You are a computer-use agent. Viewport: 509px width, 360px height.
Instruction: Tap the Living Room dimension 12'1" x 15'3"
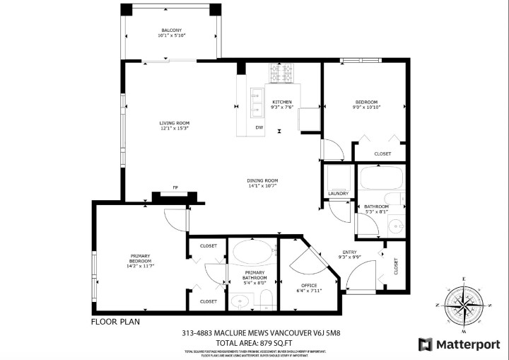(173, 128)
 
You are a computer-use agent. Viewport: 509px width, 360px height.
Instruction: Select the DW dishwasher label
(259, 127)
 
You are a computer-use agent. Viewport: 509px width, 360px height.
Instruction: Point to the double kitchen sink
(255, 103)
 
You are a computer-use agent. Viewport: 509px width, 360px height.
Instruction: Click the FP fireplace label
(175, 187)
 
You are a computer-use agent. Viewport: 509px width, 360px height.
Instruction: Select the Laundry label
(338, 193)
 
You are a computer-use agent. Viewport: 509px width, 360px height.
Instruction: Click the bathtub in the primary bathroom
(253, 251)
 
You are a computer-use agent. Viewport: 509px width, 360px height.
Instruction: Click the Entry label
(349, 252)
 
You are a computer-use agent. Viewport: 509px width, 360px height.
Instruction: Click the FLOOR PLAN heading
(115, 321)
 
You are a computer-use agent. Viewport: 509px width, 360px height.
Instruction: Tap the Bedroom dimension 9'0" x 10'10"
(366, 108)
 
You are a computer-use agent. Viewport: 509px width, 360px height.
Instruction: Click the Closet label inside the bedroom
(382, 153)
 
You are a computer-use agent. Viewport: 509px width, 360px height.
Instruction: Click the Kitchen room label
(282, 102)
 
